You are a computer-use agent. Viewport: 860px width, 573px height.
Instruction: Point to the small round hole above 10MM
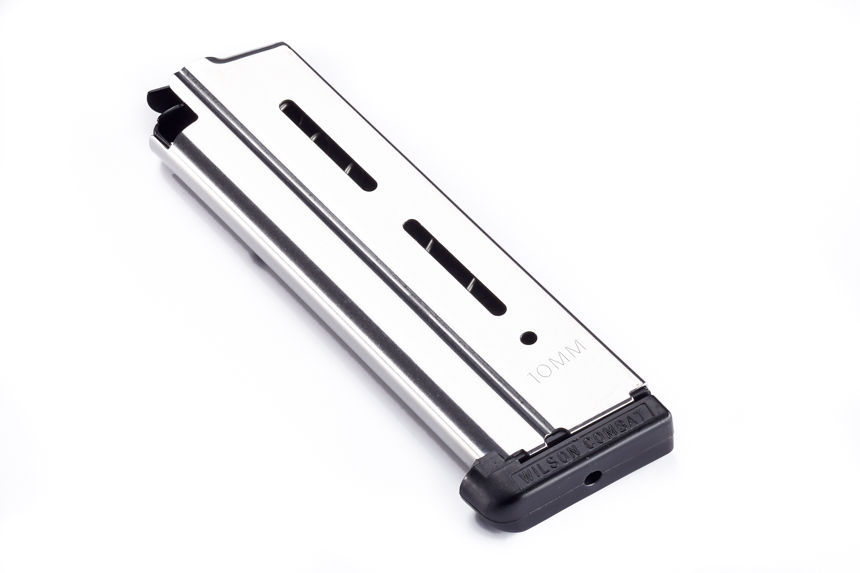click(529, 336)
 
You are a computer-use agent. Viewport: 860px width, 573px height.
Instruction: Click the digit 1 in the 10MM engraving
click(533, 377)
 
